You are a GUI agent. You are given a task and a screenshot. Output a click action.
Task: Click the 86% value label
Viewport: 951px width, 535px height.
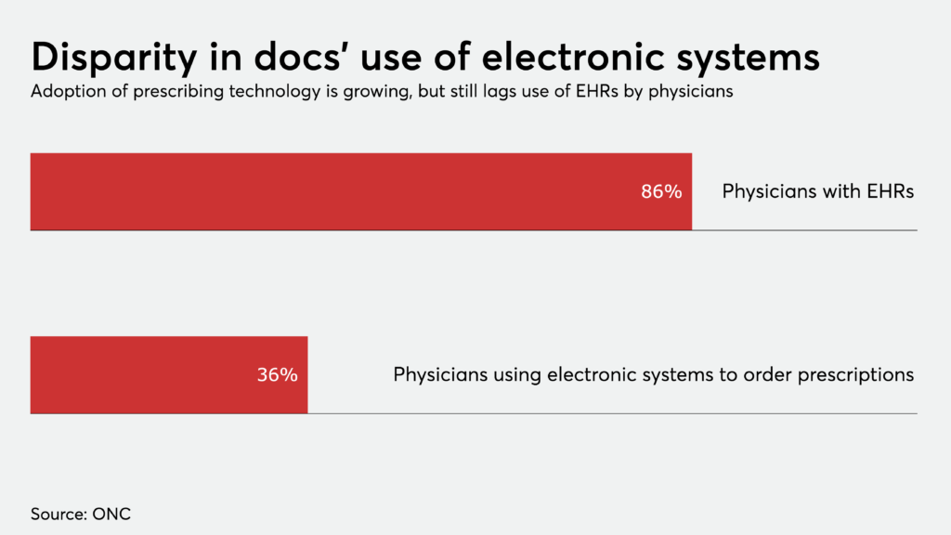pos(661,192)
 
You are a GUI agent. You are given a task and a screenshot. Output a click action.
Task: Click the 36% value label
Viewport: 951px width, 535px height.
pos(277,375)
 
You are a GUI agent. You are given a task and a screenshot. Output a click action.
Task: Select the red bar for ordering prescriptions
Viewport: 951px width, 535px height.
pos(139,375)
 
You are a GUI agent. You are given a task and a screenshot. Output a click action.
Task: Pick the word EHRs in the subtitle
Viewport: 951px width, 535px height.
pos(592,93)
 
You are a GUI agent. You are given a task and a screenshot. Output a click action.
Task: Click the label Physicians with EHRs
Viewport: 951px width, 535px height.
pos(818,192)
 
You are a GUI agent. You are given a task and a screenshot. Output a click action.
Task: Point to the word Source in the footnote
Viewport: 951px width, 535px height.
pos(57,514)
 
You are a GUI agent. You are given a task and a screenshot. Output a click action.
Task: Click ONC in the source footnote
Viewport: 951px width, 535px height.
pos(111,514)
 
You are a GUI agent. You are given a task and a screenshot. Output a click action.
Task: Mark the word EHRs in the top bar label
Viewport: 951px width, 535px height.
pos(892,192)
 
